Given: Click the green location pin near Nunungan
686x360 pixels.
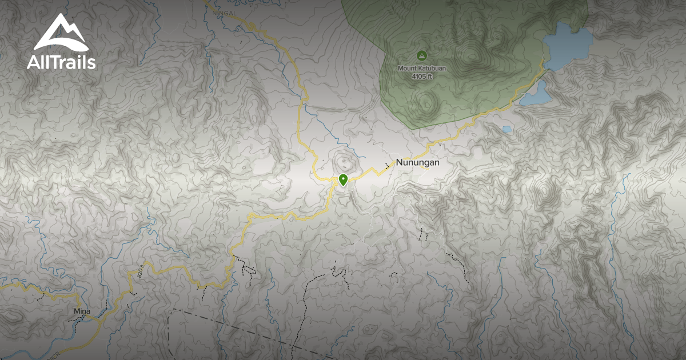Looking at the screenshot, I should pos(343,180).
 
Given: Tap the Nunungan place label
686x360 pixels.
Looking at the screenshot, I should pos(417,162).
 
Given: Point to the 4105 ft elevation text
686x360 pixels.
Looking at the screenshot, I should pos(422,76).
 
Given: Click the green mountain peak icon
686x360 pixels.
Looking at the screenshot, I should pos(422,55).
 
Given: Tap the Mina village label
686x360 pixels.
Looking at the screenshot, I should pos(82,311).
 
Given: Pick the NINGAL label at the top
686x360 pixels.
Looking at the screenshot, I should pos(224,11).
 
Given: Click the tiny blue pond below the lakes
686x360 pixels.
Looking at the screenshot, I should pos(506,129).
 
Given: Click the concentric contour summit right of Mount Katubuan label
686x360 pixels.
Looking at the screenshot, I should pos(472,56).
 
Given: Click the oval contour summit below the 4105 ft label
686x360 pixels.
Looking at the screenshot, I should pos(426,103).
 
